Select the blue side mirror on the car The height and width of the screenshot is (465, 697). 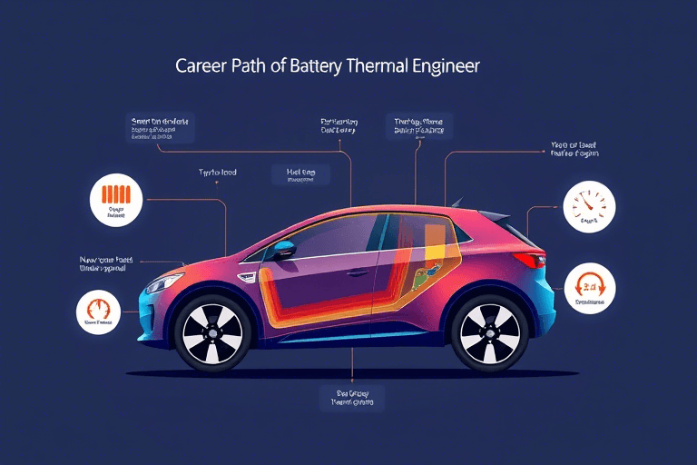(283, 250)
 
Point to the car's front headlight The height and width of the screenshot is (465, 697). (163, 282)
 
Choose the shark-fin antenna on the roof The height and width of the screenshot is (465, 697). (456, 202)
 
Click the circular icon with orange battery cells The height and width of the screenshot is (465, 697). (117, 200)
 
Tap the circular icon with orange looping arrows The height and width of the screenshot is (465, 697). (590, 288)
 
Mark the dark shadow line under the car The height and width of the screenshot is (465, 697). (363, 372)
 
